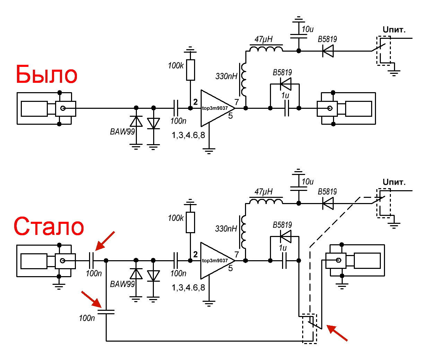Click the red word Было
point(47,74)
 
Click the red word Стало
point(49,227)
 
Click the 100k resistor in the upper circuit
point(191,70)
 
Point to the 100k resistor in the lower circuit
point(191,222)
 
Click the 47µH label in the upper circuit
point(263,39)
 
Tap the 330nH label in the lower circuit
point(226,228)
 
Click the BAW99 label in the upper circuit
point(122,132)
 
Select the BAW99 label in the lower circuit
point(122,284)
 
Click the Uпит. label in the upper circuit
point(394,30)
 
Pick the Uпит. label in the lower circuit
point(394,182)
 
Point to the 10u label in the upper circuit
point(308,29)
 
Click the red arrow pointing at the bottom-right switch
point(337,333)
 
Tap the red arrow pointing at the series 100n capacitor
point(105,241)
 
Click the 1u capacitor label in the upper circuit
point(285,95)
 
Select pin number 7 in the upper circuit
point(237,102)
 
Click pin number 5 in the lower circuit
point(230,269)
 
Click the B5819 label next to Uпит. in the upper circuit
point(327,39)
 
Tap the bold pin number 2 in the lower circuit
point(195,254)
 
